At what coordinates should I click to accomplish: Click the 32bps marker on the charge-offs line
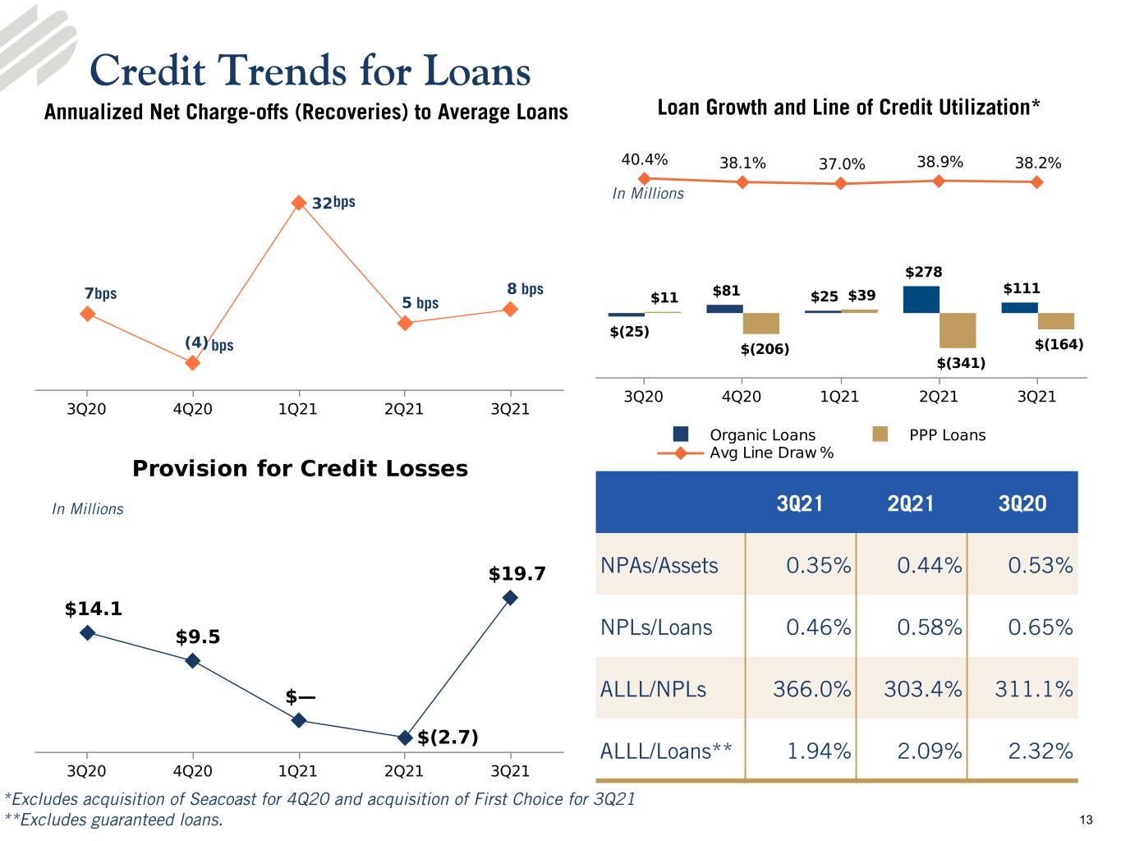click(299, 203)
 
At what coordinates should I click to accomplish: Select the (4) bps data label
click(209, 343)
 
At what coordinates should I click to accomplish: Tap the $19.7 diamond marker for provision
click(510, 597)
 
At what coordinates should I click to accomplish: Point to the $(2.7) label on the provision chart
click(448, 737)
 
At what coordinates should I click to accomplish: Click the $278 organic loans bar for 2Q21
click(921, 299)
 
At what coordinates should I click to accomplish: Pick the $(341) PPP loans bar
click(958, 330)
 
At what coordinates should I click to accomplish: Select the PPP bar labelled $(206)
click(761, 324)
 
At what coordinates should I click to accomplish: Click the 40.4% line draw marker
click(645, 178)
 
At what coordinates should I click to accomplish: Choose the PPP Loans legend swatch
click(880, 434)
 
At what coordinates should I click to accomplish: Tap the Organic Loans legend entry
click(745, 434)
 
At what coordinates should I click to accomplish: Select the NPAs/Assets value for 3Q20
click(1041, 565)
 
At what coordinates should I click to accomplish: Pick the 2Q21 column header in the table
click(911, 503)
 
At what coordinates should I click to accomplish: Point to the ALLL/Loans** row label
click(666, 751)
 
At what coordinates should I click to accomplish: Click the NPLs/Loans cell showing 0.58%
click(930, 627)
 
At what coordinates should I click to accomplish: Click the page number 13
click(1087, 820)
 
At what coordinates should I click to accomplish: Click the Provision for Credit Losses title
click(301, 468)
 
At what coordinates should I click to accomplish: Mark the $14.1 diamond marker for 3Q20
click(88, 632)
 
